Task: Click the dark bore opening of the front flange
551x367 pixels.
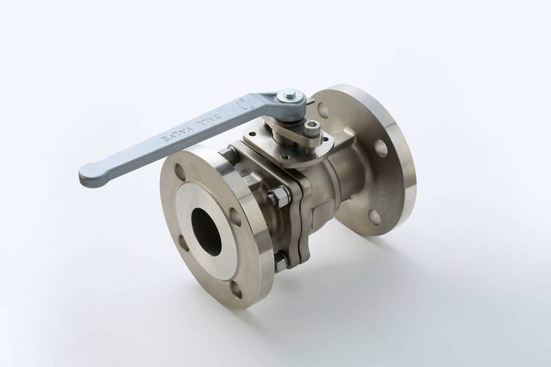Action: tap(206, 231)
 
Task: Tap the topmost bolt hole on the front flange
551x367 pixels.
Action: tap(179, 172)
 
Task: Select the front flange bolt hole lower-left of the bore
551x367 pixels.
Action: tap(183, 243)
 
